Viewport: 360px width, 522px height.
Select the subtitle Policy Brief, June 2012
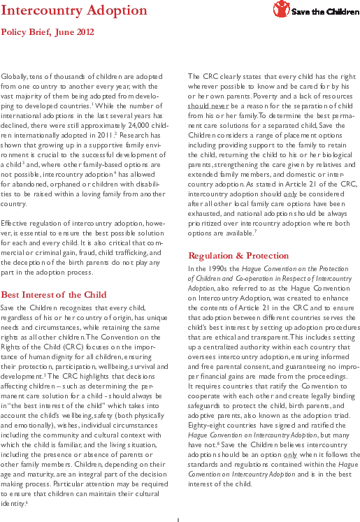pos(48,32)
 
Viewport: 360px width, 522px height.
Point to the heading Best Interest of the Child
pos(54,295)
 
